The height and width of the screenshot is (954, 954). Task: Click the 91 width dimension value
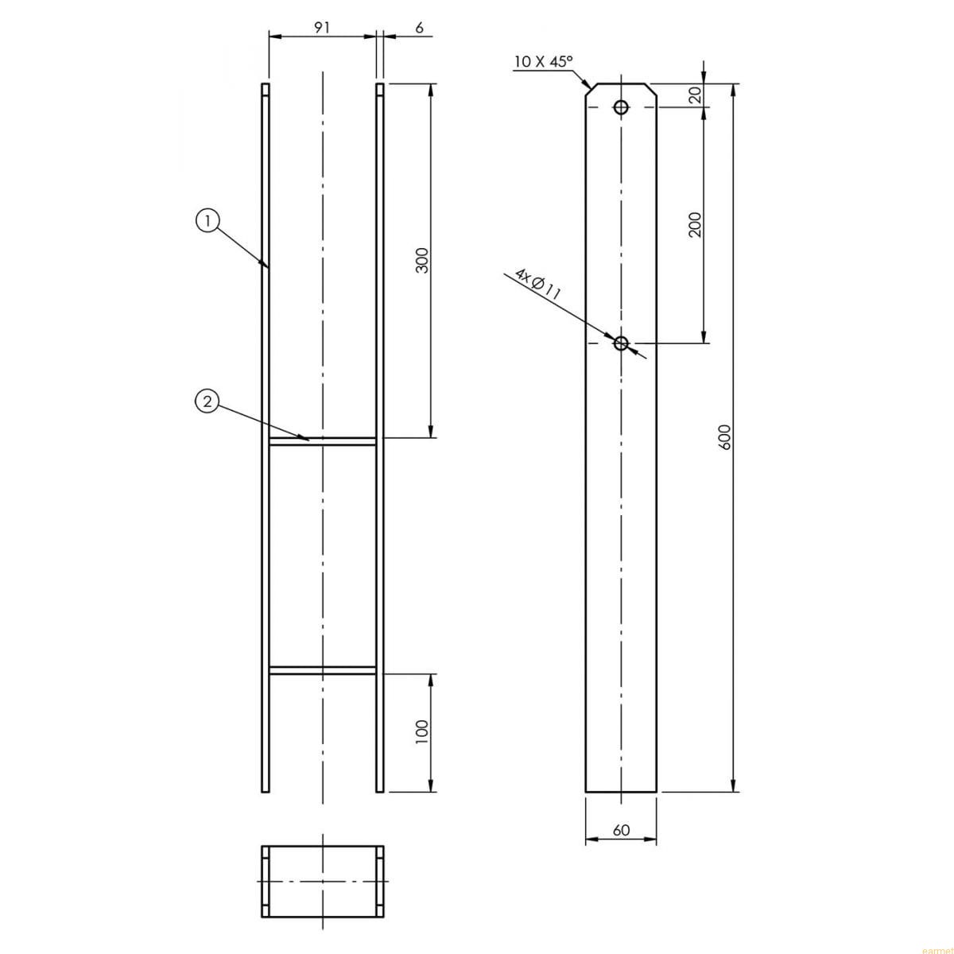pyautogui.click(x=322, y=27)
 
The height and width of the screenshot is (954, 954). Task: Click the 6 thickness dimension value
pyautogui.click(x=419, y=27)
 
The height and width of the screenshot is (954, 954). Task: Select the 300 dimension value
pyautogui.click(x=422, y=261)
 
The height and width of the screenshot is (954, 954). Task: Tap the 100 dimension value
pyautogui.click(x=422, y=732)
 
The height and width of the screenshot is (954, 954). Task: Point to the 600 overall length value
pyautogui.click(x=724, y=437)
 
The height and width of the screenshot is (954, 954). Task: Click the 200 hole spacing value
pyautogui.click(x=696, y=224)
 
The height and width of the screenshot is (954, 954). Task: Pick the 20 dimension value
pyautogui.click(x=696, y=95)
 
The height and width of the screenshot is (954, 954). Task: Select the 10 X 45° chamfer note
pyautogui.click(x=543, y=62)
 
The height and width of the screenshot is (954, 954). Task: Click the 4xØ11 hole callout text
pyautogui.click(x=537, y=284)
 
